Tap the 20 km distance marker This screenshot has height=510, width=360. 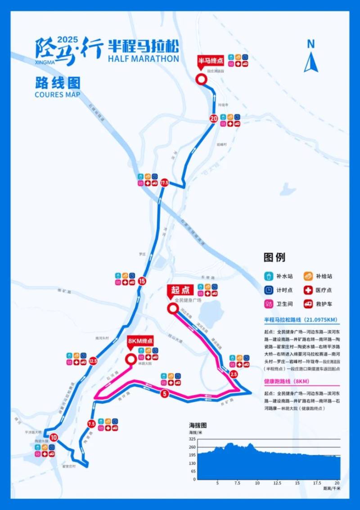214,119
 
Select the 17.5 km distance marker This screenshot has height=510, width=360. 164,183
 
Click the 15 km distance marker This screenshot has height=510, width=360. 142,281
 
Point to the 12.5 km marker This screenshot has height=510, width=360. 93,361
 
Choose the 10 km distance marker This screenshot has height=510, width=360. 54,437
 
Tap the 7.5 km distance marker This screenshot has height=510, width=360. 91,424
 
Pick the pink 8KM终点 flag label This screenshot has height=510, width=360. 140,341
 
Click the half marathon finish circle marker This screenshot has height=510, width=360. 201,79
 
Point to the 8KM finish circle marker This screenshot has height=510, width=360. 130,359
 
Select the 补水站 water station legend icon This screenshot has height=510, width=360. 268,276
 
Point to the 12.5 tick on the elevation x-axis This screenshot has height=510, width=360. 277,483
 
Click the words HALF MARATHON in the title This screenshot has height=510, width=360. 144,59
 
